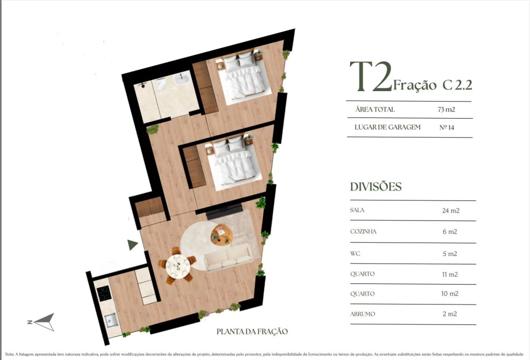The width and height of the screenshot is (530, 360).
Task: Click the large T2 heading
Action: click(x=371, y=77)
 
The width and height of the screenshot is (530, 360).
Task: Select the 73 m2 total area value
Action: click(x=446, y=109)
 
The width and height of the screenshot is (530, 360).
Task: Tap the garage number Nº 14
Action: click(x=447, y=127)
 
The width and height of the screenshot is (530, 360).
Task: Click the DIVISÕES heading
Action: click(x=376, y=187)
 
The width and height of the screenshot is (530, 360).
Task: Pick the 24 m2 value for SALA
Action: click(x=450, y=210)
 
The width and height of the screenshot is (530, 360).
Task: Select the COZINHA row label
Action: click(x=363, y=232)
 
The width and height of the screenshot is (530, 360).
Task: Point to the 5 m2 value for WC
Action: click(x=450, y=253)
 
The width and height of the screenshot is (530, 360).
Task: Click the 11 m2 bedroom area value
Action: click(x=450, y=274)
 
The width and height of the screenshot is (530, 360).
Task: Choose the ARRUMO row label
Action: click(x=362, y=314)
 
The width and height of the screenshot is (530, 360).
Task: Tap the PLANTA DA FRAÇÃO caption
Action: click(x=252, y=331)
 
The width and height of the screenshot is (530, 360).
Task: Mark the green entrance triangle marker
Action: click(x=132, y=244)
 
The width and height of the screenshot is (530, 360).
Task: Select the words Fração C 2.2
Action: click(x=433, y=84)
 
